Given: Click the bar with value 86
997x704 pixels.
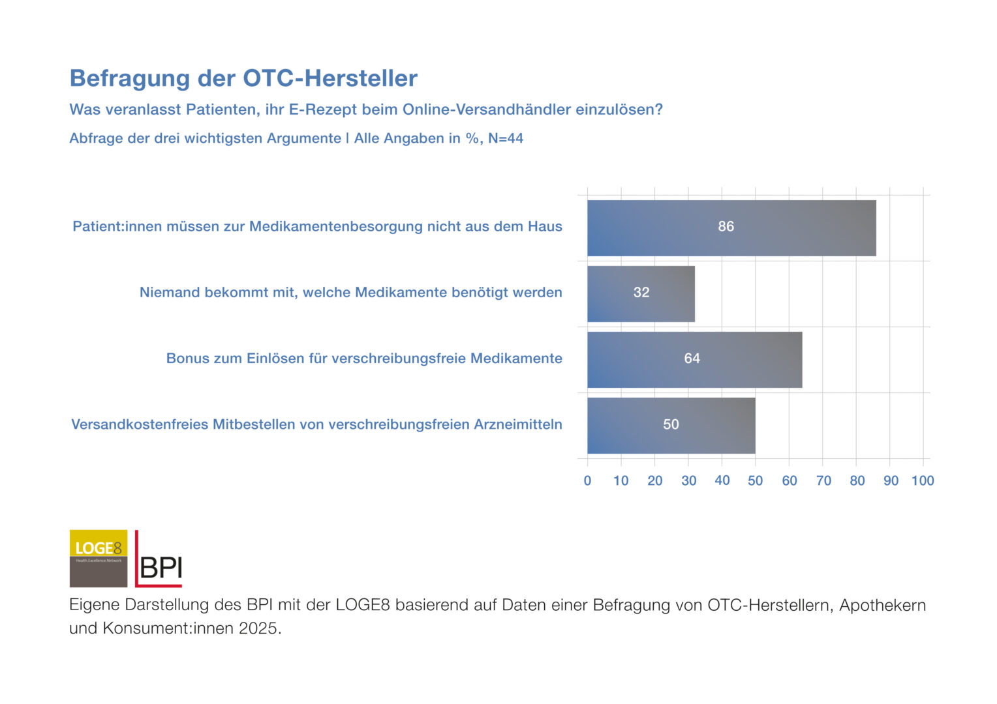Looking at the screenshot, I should [731, 227].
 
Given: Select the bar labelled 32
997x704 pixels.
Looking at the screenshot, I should [641, 293].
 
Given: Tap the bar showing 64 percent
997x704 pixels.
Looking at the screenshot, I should [694, 359].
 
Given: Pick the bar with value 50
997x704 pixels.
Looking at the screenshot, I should [671, 425].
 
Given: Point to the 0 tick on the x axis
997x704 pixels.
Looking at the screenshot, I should [587, 481].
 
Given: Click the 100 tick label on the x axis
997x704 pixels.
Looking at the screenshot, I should [923, 481].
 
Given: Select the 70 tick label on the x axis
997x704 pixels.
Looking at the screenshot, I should [823, 481].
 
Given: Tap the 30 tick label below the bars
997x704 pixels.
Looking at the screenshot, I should [688, 481].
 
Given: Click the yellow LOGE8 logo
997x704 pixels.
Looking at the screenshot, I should [99, 558].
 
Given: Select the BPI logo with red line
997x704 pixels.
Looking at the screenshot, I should [159, 559].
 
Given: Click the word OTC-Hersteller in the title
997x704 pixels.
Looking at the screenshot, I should [330, 78].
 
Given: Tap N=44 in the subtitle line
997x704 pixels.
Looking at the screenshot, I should [506, 138].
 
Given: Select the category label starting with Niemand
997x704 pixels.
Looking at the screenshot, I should [350, 293].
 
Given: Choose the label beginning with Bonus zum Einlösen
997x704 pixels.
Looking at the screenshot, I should [363, 359].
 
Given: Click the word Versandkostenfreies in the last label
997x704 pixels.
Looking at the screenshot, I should [140, 424].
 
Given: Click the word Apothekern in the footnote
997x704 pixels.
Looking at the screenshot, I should [882, 605].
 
